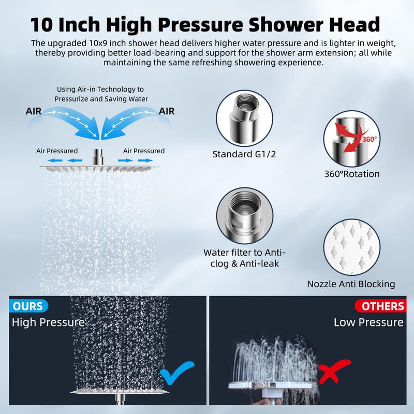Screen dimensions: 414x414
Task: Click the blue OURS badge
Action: (x=28, y=306)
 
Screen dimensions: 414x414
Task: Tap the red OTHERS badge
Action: (x=380, y=306)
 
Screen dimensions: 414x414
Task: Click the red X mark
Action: (x=334, y=371)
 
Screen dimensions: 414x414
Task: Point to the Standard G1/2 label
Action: (x=244, y=154)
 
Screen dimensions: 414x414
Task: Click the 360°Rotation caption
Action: (x=352, y=174)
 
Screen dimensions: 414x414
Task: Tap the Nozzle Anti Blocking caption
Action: (x=351, y=284)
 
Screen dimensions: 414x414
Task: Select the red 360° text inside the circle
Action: (x=369, y=139)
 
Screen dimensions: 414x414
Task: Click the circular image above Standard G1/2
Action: (x=244, y=119)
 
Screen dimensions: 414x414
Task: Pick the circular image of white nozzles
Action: (x=352, y=248)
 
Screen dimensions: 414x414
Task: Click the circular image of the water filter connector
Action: (x=244, y=216)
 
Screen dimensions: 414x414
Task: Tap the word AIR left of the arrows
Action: (x=34, y=111)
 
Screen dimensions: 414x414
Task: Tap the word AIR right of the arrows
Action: (x=167, y=111)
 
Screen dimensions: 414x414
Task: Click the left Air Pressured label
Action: (x=57, y=151)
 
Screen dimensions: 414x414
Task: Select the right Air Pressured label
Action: (x=144, y=151)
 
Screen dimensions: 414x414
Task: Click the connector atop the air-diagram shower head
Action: (x=98, y=157)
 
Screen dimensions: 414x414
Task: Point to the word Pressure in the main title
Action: (x=200, y=24)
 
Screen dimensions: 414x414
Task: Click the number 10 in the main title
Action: (x=41, y=24)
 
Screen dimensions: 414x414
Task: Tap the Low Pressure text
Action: (x=368, y=322)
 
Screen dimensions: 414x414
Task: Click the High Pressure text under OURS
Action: (x=48, y=322)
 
